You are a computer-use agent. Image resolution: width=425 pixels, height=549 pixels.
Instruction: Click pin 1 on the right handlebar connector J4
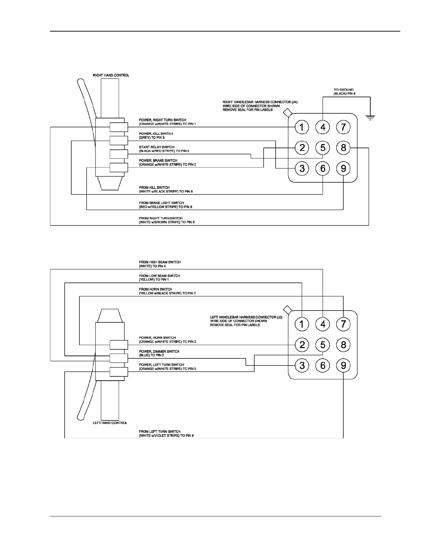[302, 127]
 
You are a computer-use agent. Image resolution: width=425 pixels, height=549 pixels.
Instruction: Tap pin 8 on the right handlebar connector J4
[343, 148]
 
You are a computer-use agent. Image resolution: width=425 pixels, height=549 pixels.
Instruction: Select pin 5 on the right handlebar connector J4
[323, 148]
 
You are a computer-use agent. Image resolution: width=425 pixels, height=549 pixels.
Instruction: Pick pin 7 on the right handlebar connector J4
[343, 127]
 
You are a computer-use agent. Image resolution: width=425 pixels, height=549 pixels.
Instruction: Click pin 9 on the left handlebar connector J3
[343, 365]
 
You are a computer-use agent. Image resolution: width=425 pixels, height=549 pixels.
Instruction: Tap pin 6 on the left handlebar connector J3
[323, 365]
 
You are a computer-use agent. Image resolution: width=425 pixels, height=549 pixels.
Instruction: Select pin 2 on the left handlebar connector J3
[302, 345]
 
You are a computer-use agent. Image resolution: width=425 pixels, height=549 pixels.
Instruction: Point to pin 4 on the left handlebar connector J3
[323, 324]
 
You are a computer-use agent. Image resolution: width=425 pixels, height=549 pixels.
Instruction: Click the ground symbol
[370, 118]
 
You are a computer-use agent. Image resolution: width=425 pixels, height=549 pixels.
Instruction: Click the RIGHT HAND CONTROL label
[111, 75]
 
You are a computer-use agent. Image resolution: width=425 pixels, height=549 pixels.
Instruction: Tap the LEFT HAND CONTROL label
[110, 423]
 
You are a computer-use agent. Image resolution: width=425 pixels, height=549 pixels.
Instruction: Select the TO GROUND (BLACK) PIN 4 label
[344, 92]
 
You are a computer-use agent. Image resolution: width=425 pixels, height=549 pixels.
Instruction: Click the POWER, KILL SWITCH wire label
[156, 136]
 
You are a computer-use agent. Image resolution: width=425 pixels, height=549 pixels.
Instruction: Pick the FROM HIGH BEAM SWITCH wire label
[160, 264]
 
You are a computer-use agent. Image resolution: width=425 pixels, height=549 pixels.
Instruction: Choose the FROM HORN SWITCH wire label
[167, 291]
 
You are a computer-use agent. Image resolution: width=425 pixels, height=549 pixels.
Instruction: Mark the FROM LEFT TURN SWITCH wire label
[166, 433]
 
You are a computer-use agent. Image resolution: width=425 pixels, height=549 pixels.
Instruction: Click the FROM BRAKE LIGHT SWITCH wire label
[166, 205]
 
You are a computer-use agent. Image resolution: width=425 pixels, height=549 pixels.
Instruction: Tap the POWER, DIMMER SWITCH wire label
[159, 353]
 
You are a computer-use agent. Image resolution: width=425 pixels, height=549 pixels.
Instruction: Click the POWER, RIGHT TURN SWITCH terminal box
[119, 127]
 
